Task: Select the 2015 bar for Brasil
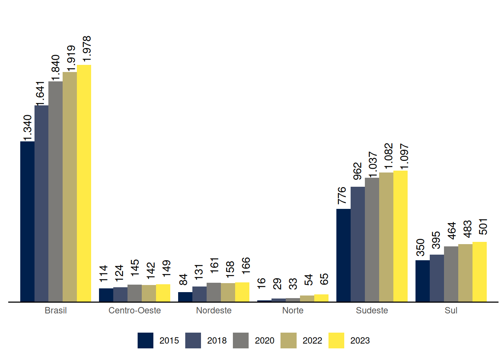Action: click(27, 221)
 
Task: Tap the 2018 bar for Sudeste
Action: click(358, 244)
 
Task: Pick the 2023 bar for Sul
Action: click(480, 271)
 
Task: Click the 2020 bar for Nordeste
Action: click(214, 292)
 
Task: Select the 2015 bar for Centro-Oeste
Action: click(106, 295)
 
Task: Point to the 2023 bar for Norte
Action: click(321, 298)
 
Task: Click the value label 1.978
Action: click(87, 49)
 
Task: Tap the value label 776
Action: click(342, 195)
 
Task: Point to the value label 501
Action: click(483, 226)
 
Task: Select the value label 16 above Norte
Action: click(261, 283)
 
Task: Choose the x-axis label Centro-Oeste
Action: click(135, 310)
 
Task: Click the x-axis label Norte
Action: click(293, 310)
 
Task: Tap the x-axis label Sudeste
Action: click(372, 310)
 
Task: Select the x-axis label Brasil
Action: click(55, 310)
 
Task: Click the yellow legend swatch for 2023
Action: click(336, 340)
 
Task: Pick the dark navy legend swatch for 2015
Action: click(145, 340)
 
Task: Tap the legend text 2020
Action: click(264, 340)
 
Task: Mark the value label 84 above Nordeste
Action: click(183, 280)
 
